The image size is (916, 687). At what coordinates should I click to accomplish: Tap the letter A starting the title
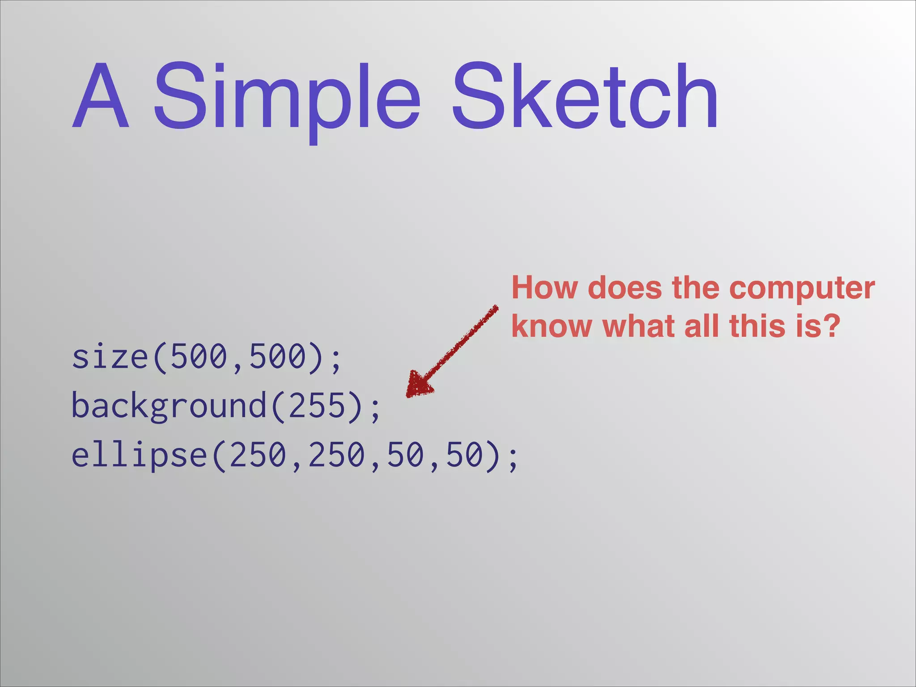coord(101,96)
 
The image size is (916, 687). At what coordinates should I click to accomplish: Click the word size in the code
coord(110,357)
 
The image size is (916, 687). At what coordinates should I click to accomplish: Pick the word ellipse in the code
coord(139,455)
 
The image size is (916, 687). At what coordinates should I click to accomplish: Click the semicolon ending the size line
coord(336,360)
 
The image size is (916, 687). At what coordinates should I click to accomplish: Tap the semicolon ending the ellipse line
coord(513,458)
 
